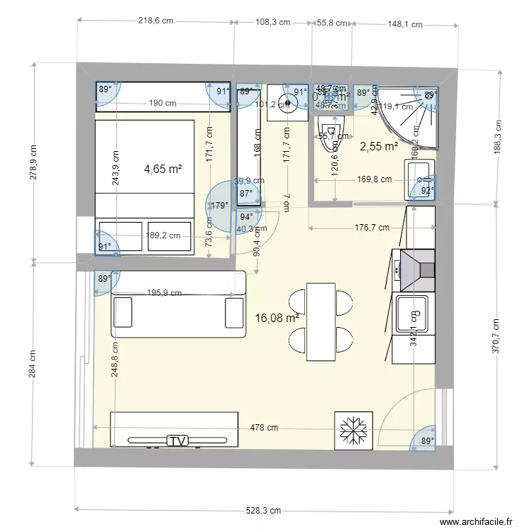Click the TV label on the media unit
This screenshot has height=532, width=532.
[x=178, y=440]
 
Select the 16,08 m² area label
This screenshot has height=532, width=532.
[x=276, y=318]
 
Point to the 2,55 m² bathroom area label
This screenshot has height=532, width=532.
[x=379, y=147]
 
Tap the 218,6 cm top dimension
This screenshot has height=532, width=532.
[x=155, y=21]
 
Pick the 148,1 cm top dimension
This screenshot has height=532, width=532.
[x=404, y=24]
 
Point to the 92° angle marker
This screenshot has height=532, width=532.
[x=427, y=190]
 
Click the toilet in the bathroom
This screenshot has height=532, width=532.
[x=331, y=136]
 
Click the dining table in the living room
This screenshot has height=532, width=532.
[x=321, y=321]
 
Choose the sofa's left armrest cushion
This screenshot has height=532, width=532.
[x=123, y=312]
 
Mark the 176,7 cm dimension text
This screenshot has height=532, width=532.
[x=372, y=228]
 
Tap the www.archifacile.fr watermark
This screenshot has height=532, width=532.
[x=476, y=522]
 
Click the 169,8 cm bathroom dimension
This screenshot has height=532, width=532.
[x=375, y=179]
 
